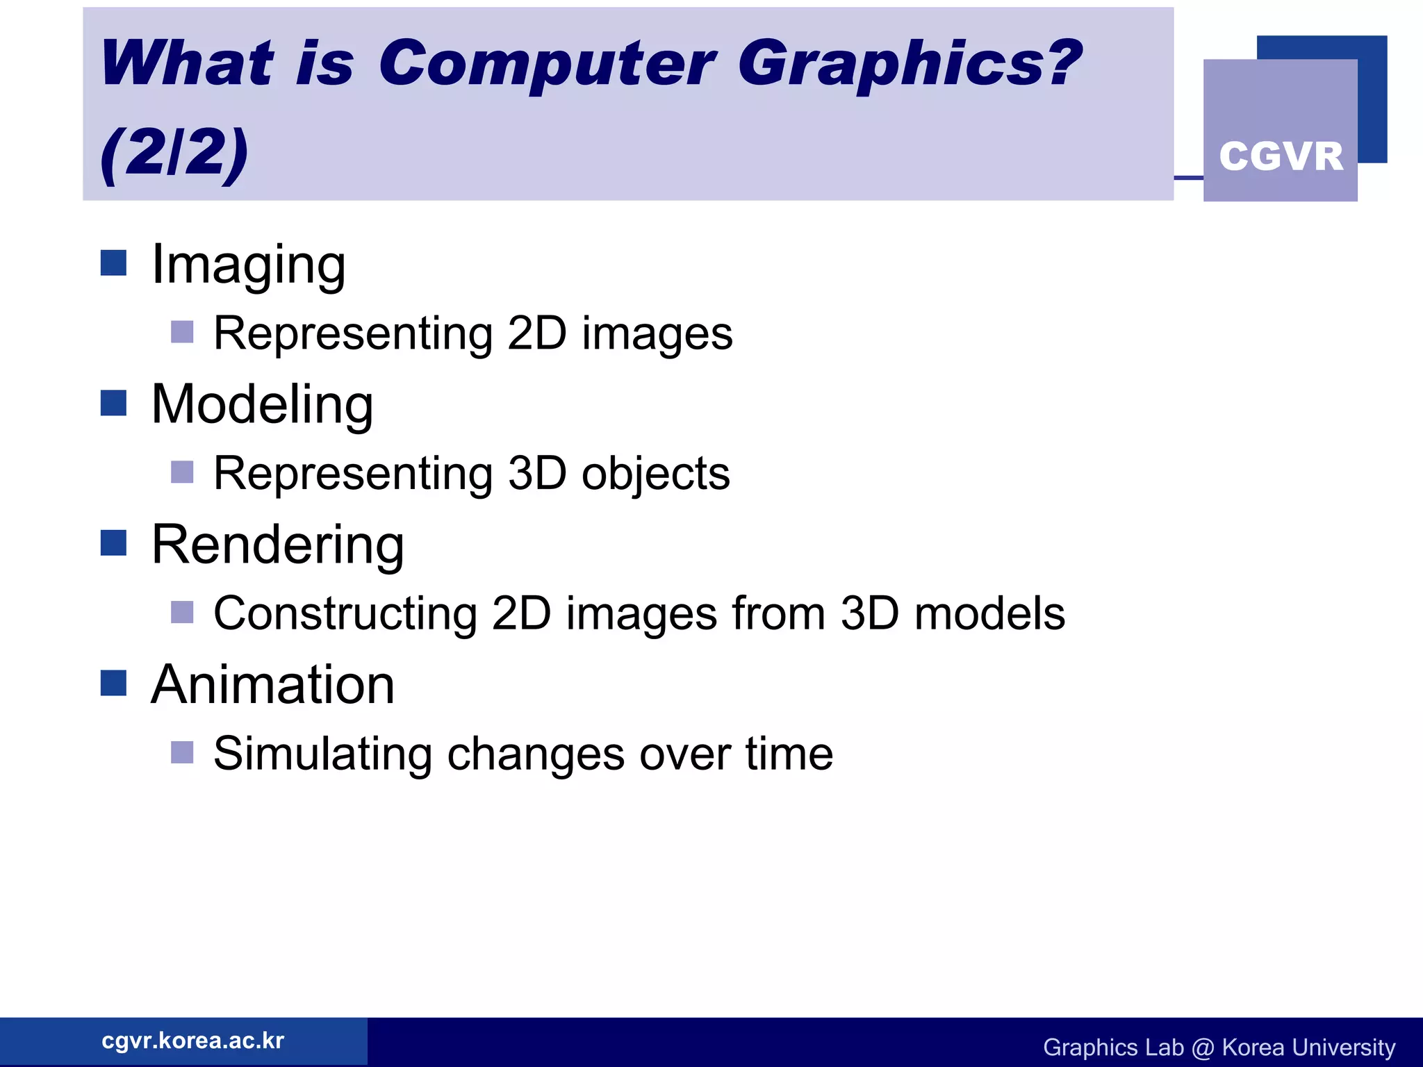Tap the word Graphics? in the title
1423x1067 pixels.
click(909, 64)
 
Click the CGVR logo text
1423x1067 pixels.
click(1281, 156)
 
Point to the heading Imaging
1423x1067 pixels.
click(248, 265)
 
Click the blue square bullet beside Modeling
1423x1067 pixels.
click(113, 403)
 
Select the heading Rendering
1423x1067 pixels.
click(277, 545)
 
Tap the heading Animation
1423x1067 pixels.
click(272, 685)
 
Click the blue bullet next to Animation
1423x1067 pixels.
click(113, 683)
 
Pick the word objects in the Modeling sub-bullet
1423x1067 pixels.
click(655, 474)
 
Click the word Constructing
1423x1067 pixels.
click(345, 614)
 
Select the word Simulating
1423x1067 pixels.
click(322, 754)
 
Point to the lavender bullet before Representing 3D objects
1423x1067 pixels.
click(182, 472)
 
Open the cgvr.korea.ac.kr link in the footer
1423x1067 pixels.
click(192, 1041)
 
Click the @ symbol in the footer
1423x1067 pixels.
click(1203, 1048)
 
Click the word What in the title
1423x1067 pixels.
click(188, 64)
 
